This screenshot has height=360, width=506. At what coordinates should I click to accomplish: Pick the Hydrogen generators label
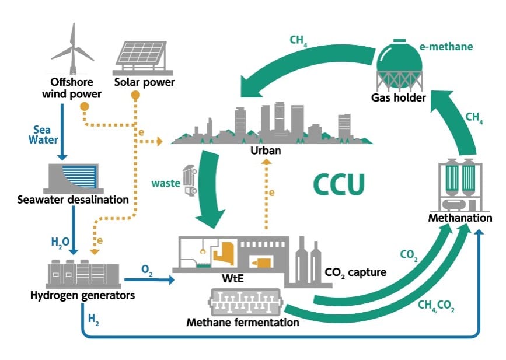[82, 295]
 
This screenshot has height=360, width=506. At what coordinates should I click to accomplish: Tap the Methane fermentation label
[243, 321]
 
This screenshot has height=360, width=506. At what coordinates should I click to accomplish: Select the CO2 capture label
[355, 272]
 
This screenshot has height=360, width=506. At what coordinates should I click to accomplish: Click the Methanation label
[460, 218]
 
